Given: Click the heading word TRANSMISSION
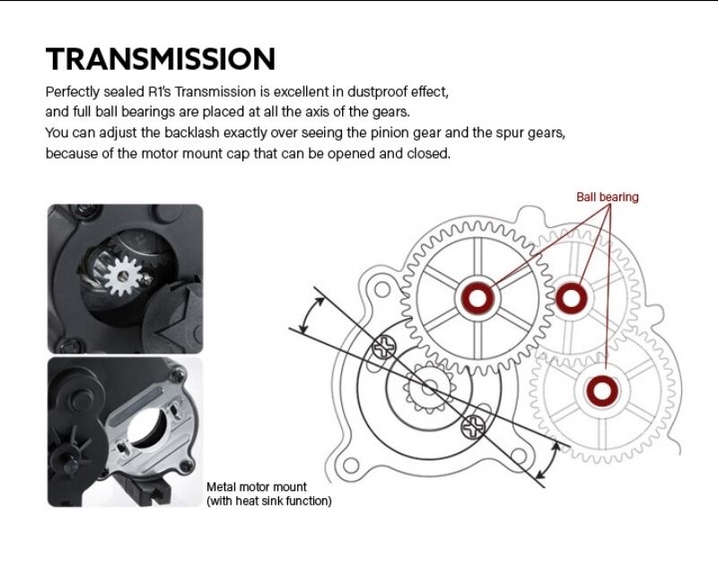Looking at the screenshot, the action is [x=161, y=58].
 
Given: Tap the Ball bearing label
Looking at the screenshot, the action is [x=607, y=197].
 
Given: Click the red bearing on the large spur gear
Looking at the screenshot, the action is [x=478, y=299].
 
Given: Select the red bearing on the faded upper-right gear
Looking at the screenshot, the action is [x=571, y=298].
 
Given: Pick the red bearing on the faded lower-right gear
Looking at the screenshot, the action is [x=601, y=391].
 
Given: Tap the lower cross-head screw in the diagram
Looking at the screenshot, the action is [x=473, y=427].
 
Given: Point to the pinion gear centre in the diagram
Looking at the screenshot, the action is [x=429, y=388].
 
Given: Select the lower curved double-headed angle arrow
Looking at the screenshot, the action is [x=547, y=460].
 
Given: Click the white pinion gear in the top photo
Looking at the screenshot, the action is [x=123, y=276].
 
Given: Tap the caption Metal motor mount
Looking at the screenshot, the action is [x=257, y=486].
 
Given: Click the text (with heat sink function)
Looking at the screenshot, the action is [x=268, y=501].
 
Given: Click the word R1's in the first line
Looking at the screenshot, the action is [x=159, y=92].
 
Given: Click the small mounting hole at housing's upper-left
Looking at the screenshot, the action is [x=382, y=290].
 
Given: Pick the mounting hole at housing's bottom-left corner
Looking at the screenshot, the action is [x=351, y=465].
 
